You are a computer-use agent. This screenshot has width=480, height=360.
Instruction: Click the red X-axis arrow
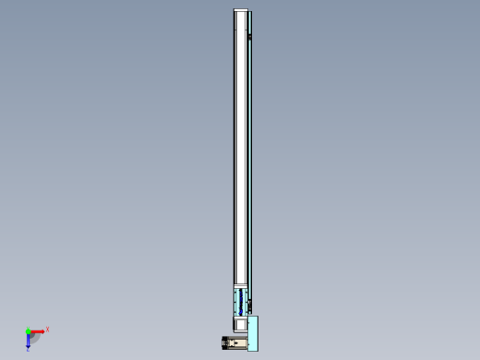37,330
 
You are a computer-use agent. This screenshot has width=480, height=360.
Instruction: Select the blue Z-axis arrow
29,340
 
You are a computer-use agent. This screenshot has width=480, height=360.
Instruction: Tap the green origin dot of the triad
29,330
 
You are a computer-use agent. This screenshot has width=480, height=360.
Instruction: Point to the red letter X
47,329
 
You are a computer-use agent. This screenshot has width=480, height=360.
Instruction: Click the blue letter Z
28,349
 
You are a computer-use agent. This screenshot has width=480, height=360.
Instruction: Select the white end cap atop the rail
242,11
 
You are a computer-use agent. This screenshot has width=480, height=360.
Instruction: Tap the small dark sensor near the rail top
250,36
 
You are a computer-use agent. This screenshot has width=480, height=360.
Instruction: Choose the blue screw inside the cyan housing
242,301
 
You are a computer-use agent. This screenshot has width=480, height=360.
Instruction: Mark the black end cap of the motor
223,343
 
